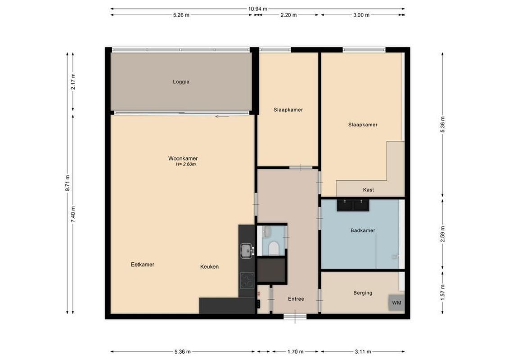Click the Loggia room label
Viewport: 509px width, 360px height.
(181, 82)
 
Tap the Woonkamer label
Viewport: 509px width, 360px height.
(183, 158)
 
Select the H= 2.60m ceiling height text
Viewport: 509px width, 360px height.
(185, 165)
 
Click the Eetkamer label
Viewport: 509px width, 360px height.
(143, 265)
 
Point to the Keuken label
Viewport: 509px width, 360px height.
(209, 266)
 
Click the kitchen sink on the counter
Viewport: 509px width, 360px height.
(246, 250)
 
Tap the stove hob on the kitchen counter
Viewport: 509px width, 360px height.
(247, 281)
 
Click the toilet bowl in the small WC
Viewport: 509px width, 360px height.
(273, 248)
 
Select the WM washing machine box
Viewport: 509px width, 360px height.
(396, 302)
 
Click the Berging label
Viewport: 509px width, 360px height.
(363, 293)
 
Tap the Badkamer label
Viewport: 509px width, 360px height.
(363, 230)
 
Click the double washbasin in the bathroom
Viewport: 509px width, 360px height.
(353, 205)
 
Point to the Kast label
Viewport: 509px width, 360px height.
(368, 190)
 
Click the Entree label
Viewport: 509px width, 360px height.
(296, 299)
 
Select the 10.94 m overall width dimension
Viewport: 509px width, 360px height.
(257, 9)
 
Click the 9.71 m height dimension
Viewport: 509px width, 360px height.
(68, 183)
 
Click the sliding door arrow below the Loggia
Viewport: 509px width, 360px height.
(222, 117)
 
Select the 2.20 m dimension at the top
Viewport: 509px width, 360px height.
(288, 15)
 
